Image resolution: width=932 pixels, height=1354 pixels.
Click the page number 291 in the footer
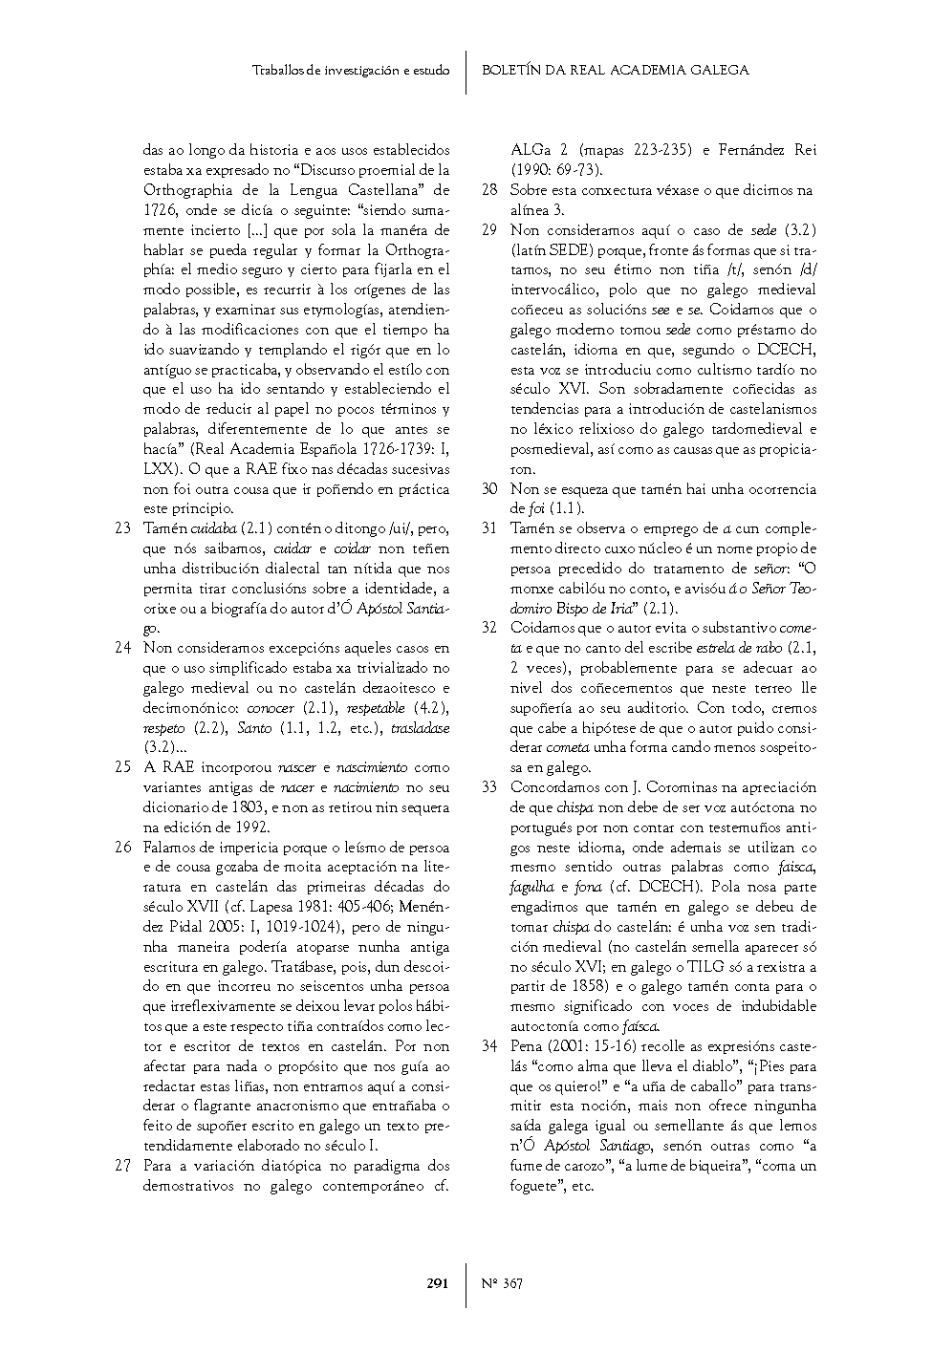tap(437, 1283)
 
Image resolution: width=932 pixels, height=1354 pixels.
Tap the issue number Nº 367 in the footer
tap(502, 1283)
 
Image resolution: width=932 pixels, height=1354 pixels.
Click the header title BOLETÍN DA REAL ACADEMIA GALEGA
tap(615, 70)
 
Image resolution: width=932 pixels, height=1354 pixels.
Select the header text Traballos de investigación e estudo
tap(351, 71)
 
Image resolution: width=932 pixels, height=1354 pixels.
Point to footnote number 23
tap(122, 528)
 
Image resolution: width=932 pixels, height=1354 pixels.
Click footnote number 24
tap(122, 648)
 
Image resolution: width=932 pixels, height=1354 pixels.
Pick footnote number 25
tap(122, 767)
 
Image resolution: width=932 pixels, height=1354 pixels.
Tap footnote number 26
tap(122, 848)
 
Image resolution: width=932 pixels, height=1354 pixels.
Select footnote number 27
tap(122, 1166)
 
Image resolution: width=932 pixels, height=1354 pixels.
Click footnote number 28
tap(489, 190)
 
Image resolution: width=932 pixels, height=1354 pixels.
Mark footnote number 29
tap(489, 230)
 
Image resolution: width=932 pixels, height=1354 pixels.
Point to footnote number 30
tap(489, 489)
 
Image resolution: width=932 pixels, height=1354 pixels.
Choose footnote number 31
tap(489, 528)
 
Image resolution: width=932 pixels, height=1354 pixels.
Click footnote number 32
tap(489, 628)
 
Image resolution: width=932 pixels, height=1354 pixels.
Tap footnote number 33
tap(489, 787)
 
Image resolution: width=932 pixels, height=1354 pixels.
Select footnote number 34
tap(489, 1046)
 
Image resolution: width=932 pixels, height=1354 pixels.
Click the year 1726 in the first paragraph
tap(159, 210)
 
